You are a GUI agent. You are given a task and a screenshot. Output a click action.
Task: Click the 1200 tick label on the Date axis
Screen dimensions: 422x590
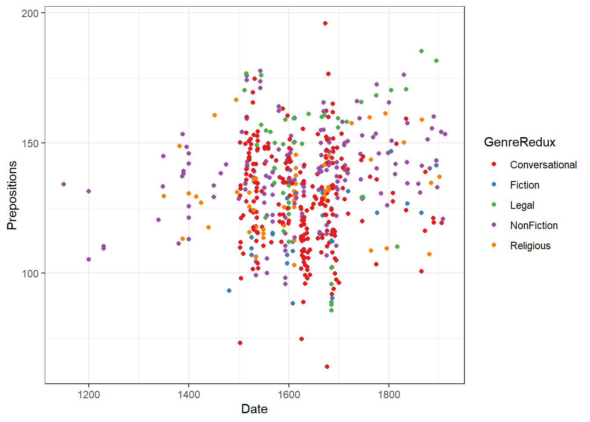[x=89, y=395]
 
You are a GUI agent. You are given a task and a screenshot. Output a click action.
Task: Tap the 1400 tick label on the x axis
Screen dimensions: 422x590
[x=189, y=395]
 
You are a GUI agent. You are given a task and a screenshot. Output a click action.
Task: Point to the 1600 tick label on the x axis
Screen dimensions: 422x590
[x=289, y=395]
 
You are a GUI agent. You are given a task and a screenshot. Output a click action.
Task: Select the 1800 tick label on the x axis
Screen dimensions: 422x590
[x=389, y=395]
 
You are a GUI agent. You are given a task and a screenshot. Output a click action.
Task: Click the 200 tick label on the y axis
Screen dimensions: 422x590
[x=30, y=13]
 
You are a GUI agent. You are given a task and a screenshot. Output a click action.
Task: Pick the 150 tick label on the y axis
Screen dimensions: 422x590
[x=30, y=143]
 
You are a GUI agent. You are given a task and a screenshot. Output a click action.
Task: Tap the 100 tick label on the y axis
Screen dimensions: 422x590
[x=30, y=273]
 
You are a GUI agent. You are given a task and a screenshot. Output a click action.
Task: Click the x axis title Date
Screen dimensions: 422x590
[x=254, y=409]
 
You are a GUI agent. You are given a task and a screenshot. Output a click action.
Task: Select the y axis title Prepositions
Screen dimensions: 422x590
[x=12, y=195]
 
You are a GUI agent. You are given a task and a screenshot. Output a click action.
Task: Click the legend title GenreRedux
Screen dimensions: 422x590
[x=519, y=142]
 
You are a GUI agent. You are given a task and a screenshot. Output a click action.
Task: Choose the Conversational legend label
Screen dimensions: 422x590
[x=543, y=165]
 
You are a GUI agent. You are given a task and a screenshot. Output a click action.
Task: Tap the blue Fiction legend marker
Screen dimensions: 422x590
[x=494, y=184]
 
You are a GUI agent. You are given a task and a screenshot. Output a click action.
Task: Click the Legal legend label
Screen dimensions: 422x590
[x=522, y=205]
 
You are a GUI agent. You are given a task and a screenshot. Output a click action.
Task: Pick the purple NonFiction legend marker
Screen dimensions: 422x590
[x=494, y=225]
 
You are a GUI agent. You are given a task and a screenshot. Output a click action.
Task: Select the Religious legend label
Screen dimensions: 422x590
[x=530, y=246]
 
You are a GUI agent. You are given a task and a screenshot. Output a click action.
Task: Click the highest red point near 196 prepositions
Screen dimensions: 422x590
[x=325, y=23]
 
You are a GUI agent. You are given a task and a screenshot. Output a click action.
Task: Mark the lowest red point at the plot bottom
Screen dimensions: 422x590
[x=327, y=367]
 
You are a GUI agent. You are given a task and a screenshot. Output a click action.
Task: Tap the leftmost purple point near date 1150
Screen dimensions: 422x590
[x=64, y=184]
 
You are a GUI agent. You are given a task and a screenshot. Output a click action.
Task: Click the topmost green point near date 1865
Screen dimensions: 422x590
[x=421, y=51]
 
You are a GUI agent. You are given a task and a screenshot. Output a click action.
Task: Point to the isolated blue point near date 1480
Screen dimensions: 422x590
[x=229, y=291]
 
